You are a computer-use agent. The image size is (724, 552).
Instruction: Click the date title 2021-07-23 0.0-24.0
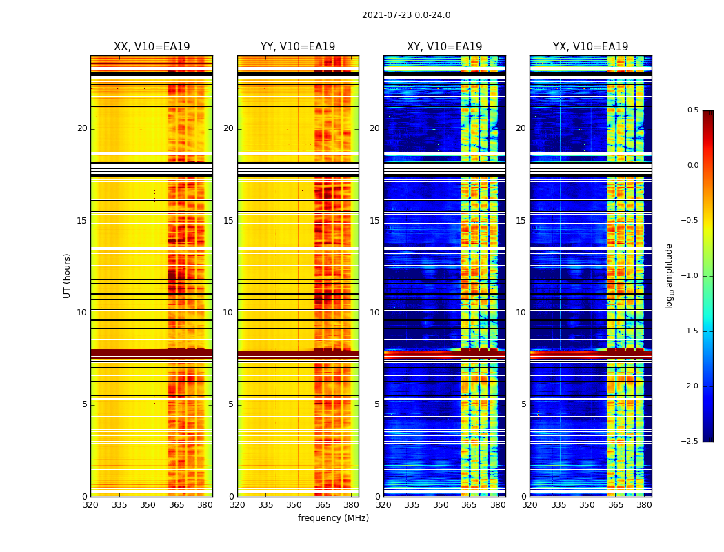click(406, 15)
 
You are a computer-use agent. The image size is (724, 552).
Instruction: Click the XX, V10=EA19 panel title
click(152, 47)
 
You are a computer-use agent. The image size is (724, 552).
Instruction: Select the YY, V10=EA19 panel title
click(298, 47)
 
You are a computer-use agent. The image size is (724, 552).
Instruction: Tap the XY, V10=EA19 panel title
click(444, 47)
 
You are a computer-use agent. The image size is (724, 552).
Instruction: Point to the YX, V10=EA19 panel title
click(590, 47)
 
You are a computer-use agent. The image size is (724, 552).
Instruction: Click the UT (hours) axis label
click(67, 275)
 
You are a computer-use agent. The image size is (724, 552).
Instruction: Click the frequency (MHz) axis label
click(333, 518)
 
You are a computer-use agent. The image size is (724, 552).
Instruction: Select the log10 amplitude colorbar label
click(669, 275)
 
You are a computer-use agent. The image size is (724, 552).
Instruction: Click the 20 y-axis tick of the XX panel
click(82, 128)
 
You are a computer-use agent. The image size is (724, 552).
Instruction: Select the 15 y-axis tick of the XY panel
click(374, 221)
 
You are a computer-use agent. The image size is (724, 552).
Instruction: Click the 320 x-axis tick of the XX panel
click(90, 505)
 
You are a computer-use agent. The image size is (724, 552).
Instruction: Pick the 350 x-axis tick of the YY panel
click(294, 505)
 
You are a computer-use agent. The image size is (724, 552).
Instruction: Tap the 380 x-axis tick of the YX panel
click(644, 505)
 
